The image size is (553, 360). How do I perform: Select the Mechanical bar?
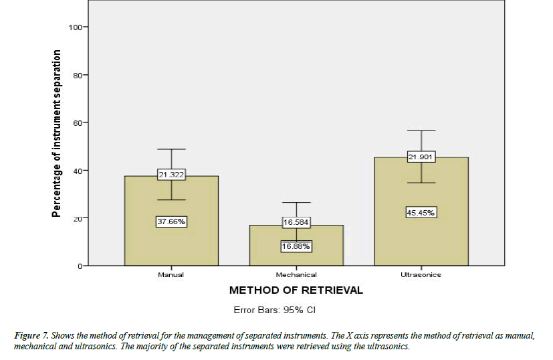(x=296, y=258)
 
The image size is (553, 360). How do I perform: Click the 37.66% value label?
(x=171, y=222)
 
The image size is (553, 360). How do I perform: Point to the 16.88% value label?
(x=296, y=246)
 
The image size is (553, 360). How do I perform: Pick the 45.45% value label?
(x=421, y=213)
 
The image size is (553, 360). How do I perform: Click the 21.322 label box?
(x=171, y=175)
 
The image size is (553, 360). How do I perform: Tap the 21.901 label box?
(x=421, y=157)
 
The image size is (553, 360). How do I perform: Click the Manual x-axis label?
(x=171, y=274)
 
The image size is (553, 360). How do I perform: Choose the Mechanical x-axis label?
(x=296, y=274)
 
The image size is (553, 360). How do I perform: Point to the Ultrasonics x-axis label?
(x=421, y=274)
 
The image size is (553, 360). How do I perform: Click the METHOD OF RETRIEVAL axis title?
(x=296, y=290)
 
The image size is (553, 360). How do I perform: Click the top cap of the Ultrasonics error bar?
(x=421, y=130)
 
